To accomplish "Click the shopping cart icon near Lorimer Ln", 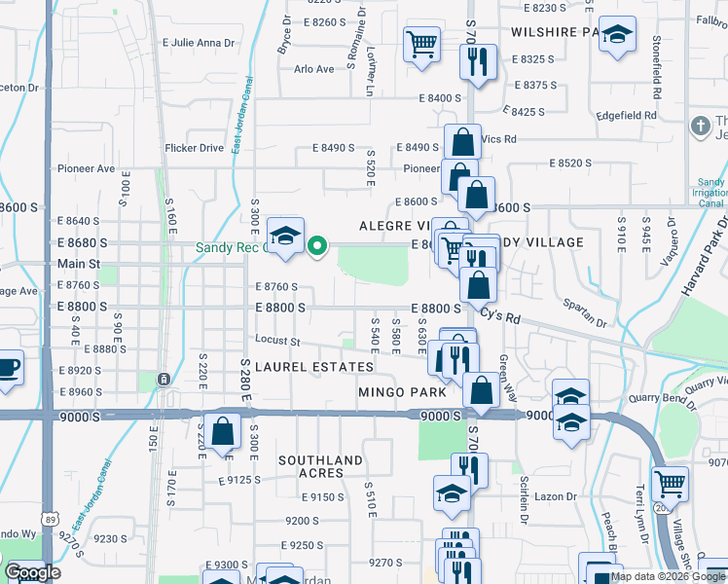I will tap(421, 43).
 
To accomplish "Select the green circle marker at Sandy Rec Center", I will tap(316, 246).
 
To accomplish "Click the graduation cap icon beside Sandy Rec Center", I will tap(285, 236).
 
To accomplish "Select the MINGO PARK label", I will tap(402, 392).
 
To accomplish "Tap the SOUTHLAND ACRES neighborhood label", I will tap(320, 466).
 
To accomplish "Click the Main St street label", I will tap(79, 264).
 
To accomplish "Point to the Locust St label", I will tap(277, 341).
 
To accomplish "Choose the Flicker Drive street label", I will tap(195, 148).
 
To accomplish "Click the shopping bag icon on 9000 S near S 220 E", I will tap(223, 430).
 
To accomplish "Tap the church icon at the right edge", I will tap(699, 126).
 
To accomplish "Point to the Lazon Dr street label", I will tap(556, 496).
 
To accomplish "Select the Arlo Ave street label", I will tap(313, 69).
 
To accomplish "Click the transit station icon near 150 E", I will tap(164, 378).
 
